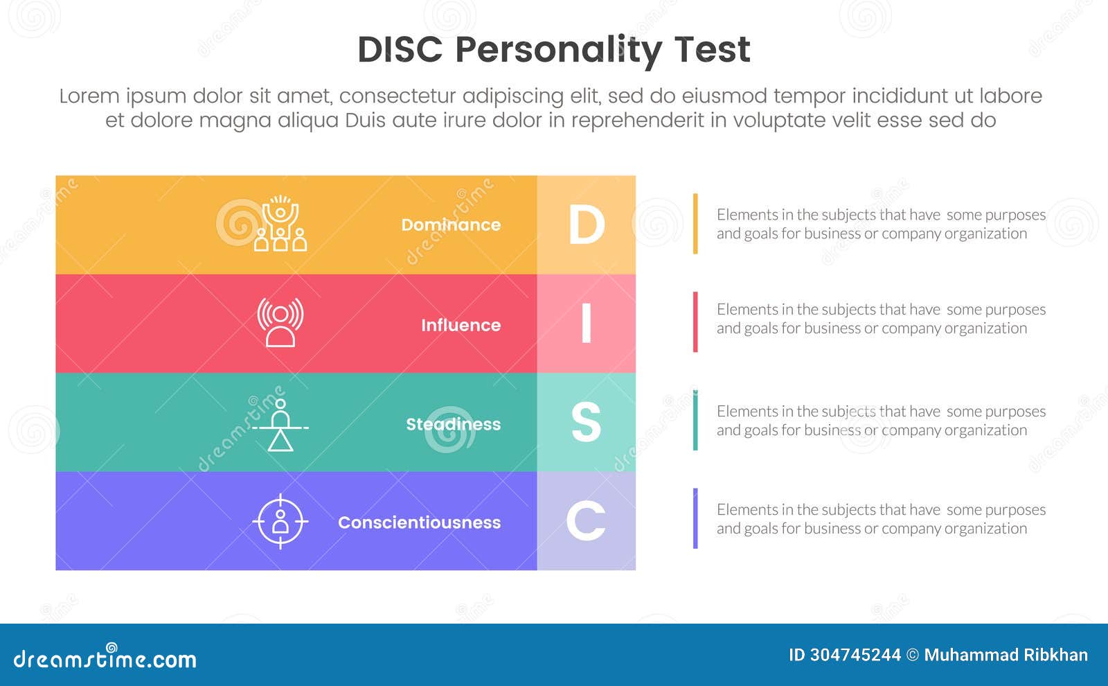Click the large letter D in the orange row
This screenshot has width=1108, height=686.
pyautogui.click(x=586, y=225)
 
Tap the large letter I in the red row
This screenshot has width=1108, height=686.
pyautogui.click(x=586, y=324)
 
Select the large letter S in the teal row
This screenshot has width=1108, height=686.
pyautogui.click(x=586, y=422)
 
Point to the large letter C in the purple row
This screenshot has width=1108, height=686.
pyautogui.click(x=586, y=521)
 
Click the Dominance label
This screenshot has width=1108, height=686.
pyautogui.click(x=451, y=225)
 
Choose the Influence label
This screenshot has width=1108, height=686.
pyautogui.click(x=461, y=325)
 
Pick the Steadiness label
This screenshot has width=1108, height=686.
pyautogui.click(x=453, y=424)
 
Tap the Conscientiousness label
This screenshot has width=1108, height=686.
pyautogui.click(x=419, y=522)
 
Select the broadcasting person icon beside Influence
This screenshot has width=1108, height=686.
pyautogui.click(x=280, y=322)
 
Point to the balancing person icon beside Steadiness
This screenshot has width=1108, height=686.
pyautogui.click(x=280, y=425)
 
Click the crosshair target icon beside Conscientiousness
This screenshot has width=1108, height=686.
pyautogui.click(x=280, y=521)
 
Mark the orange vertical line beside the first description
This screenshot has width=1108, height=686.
pyautogui.click(x=695, y=224)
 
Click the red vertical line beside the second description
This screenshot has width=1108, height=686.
pyautogui.click(x=695, y=322)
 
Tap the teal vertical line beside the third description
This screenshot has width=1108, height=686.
pyautogui.click(x=695, y=421)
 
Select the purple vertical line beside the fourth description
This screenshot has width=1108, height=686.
pyautogui.click(x=695, y=518)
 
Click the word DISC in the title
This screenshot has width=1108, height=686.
pyautogui.click(x=400, y=50)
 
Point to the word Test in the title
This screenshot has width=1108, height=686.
pyautogui.click(x=712, y=50)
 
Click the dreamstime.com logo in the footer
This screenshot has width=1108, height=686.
pyautogui.click(x=105, y=658)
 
